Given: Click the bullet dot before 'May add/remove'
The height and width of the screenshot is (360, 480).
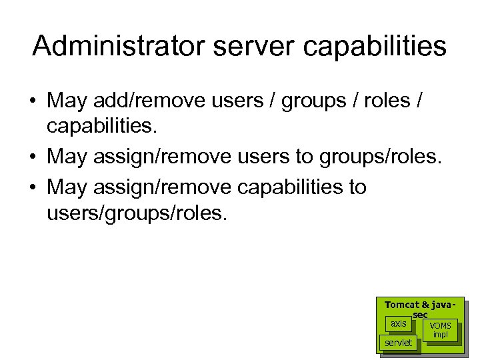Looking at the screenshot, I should click(x=33, y=101).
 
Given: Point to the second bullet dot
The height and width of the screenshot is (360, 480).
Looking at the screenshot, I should click(x=33, y=157).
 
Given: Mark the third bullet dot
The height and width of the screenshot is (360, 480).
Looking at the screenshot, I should click(x=33, y=187).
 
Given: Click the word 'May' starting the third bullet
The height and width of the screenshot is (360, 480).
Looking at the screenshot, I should click(x=67, y=187).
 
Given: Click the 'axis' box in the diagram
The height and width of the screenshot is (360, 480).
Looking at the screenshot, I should click(x=399, y=324).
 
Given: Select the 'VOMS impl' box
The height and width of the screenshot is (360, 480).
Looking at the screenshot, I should click(x=441, y=330).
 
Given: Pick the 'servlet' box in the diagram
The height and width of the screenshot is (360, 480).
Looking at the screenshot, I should click(x=398, y=343).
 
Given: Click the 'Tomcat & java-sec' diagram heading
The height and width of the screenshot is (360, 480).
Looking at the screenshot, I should click(x=420, y=308).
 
